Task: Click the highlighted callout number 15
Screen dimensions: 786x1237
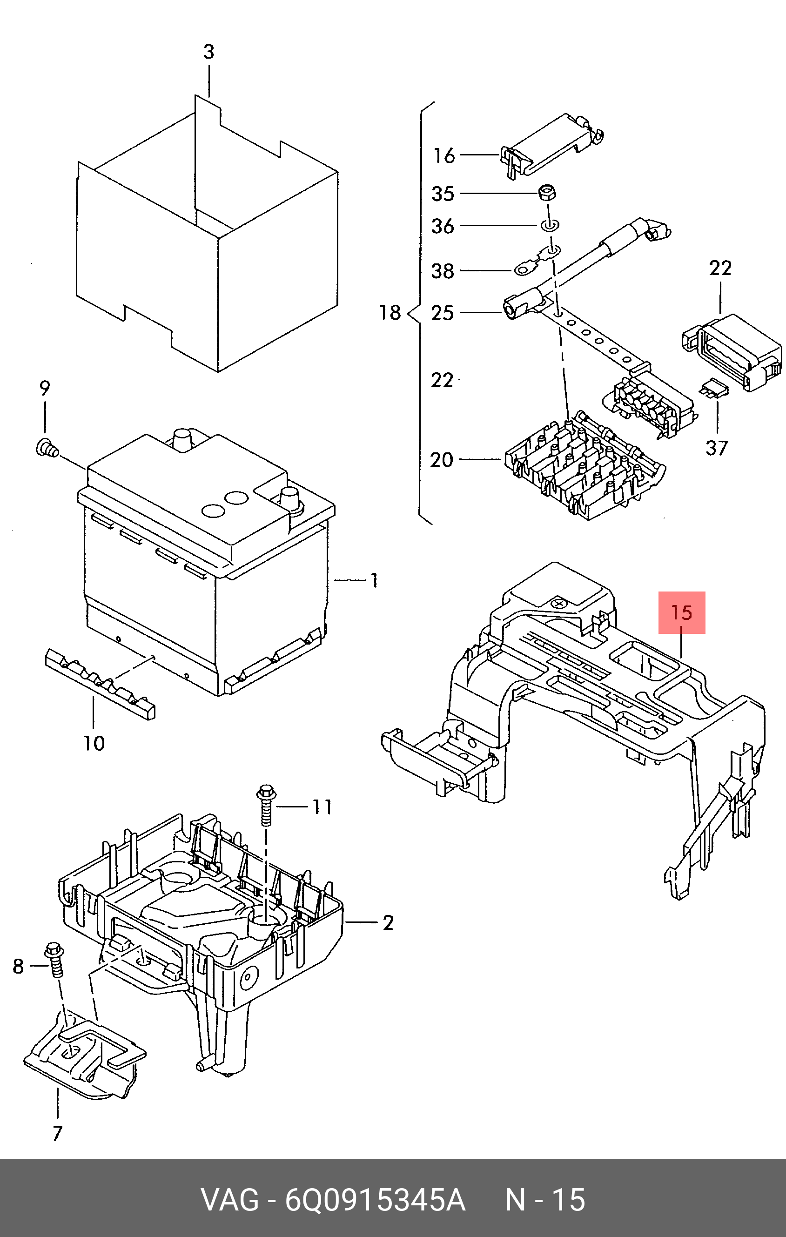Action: (682, 612)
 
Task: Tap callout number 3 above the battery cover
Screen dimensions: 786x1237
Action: (208, 52)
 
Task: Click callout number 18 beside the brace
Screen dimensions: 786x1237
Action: (390, 312)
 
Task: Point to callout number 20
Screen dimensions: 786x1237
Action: (442, 459)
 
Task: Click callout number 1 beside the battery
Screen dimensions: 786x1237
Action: (375, 580)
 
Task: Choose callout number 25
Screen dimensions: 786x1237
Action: (442, 312)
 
